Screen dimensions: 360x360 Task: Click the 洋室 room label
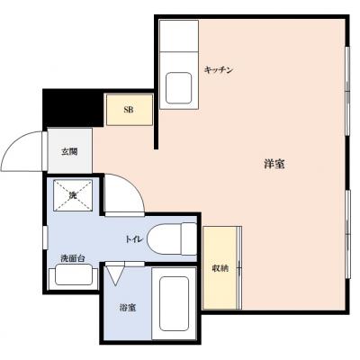[x=274, y=165]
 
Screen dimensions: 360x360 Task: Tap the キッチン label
[x=219, y=69]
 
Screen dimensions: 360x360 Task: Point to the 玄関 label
[x=70, y=152]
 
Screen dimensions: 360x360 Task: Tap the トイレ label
[x=133, y=239]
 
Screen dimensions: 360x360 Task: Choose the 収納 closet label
[x=220, y=267]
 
